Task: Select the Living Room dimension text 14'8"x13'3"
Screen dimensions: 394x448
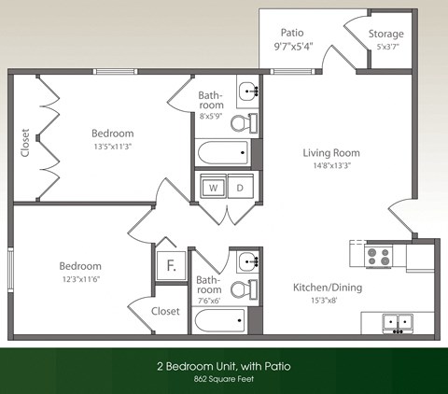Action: click(331, 167)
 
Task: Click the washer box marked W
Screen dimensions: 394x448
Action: click(213, 187)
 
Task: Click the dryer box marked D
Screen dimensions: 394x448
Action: click(240, 187)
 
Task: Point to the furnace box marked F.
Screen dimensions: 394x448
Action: click(171, 266)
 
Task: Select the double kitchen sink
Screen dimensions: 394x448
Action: click(398, 323)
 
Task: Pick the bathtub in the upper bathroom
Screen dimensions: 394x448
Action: click(222, 152)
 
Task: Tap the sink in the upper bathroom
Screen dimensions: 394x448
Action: click(247, 91)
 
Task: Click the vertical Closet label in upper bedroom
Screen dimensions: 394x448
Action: click(24, 142)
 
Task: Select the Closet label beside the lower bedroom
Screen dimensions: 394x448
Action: click(165, 311)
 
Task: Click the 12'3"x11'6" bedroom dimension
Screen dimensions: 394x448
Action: click(80, 279)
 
